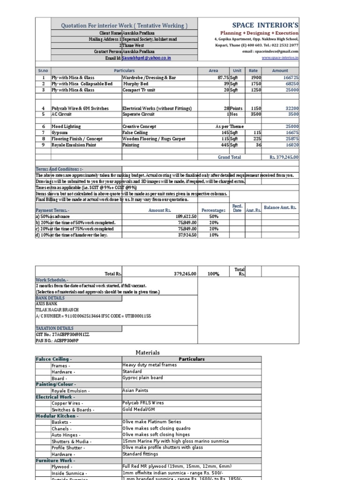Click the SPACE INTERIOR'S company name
pos(265,25)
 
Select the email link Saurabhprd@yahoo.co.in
pos(147,58)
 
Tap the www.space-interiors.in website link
pos(280,58)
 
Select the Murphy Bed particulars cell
pos(136,84)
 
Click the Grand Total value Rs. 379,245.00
pos(284,157)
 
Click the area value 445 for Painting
pos(224,145)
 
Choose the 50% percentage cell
pos(213,217)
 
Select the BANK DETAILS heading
pos(50,298)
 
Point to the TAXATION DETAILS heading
pos(54,329)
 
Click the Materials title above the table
pos(148,352)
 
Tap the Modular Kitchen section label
pos(57,415)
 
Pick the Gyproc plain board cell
pos(142,378)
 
